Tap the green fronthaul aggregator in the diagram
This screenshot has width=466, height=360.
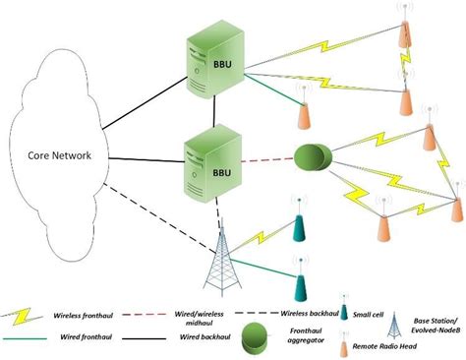coord(314,158)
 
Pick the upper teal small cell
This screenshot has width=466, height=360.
coord(296,225)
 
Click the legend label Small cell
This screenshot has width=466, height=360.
coord(381,315)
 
